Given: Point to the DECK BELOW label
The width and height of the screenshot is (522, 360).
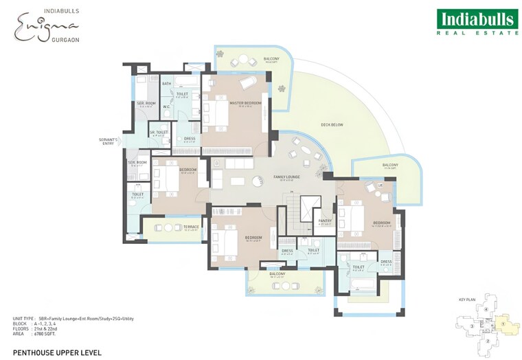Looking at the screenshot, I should pyautogui.click(x=332, y=124).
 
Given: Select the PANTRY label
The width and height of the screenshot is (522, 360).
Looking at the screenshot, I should pyautogui.click(x=325, y=221).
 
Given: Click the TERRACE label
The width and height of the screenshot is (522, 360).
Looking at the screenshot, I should pyautogui.click(x=172, y=227).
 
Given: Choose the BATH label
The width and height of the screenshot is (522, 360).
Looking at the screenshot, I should pyautogui.click(x=166, y=83).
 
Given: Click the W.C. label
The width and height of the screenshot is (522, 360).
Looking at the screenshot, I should pyautogui.click(x=166, y=106).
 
